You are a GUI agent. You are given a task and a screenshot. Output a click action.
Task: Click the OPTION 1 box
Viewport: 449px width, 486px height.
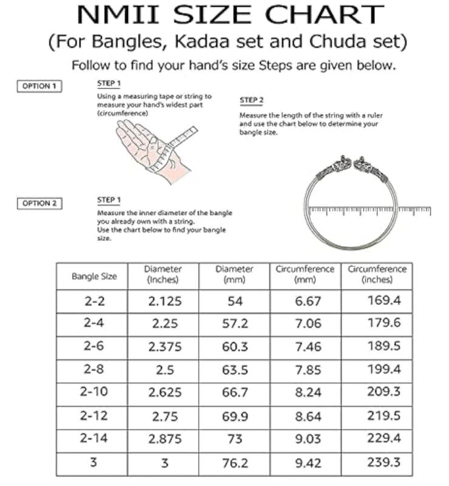coord(39,86)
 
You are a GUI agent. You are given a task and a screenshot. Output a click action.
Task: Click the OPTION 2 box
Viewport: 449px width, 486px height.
coord(39,203)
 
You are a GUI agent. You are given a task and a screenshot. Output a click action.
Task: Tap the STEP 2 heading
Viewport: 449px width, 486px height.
coord(252,100)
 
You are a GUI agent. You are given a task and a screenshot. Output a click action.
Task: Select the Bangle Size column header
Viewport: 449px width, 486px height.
coord(94,276)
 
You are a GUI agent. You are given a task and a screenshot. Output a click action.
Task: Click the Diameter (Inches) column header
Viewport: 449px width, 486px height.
coord(163,275)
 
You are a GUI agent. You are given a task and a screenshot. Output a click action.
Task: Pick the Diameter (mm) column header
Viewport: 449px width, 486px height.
coord(234,275)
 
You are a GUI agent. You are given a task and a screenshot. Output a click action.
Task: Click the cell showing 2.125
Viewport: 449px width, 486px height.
coord(164,301)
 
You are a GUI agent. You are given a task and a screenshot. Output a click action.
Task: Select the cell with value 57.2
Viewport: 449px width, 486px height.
coord(235,324)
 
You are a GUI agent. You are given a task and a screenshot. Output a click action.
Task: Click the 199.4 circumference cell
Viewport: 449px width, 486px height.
coord(383,369)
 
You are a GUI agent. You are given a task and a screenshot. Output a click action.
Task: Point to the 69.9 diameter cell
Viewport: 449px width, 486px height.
coord(235,416)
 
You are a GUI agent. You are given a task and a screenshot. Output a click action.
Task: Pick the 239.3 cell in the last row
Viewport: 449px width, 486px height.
coord(383,462)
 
